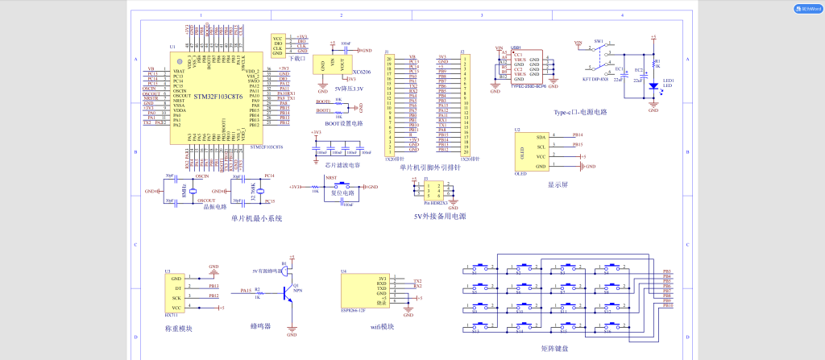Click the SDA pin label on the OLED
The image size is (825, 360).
click(x=541, y=137)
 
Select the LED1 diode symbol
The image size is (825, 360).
click(x=653, y=85)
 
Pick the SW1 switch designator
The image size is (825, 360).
click(x=599, y=40)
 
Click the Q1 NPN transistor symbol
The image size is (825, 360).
click(x=288, y=295)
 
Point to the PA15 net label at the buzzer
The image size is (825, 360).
click(x=246, y=290)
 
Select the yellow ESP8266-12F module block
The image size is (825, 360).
click(x=365, y=291)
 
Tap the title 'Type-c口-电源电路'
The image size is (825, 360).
click(x=579, y=112)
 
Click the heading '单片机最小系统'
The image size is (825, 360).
click(x=256, y=218)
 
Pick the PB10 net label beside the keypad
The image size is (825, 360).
click(x=667, y=306)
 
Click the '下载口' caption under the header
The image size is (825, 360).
click(x=296, y=58)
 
